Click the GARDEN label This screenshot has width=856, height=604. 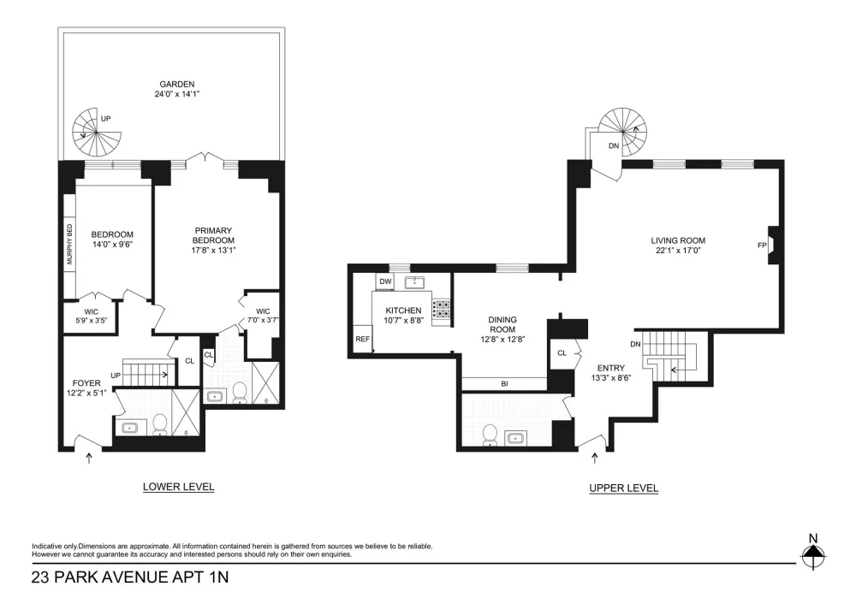pos(177,85)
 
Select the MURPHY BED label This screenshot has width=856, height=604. pos(69,245)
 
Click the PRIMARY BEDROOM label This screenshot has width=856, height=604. pos(213,235)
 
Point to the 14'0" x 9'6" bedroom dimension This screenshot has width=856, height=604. pos(112,245)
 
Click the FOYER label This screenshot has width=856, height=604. pos(86,383)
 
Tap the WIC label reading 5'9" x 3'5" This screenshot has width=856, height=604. pos(92,317)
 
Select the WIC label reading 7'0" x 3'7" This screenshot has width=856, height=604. pos(263,316)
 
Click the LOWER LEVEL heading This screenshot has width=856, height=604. pos(179,487)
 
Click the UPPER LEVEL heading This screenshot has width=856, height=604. pos(623,489)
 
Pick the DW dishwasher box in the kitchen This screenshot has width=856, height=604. pos(385,281)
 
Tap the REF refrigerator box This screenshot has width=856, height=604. pos(362,339)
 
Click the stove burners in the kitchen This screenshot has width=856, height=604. pos(441,309)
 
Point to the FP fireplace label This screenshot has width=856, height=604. pos(762,246)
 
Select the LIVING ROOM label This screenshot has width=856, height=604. pos(678,240)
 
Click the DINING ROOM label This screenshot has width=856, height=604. pos(502,324)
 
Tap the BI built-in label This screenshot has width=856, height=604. pos(504,384)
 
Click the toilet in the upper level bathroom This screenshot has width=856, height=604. pos(490,435)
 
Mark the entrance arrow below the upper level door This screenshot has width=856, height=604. pos(595,458)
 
